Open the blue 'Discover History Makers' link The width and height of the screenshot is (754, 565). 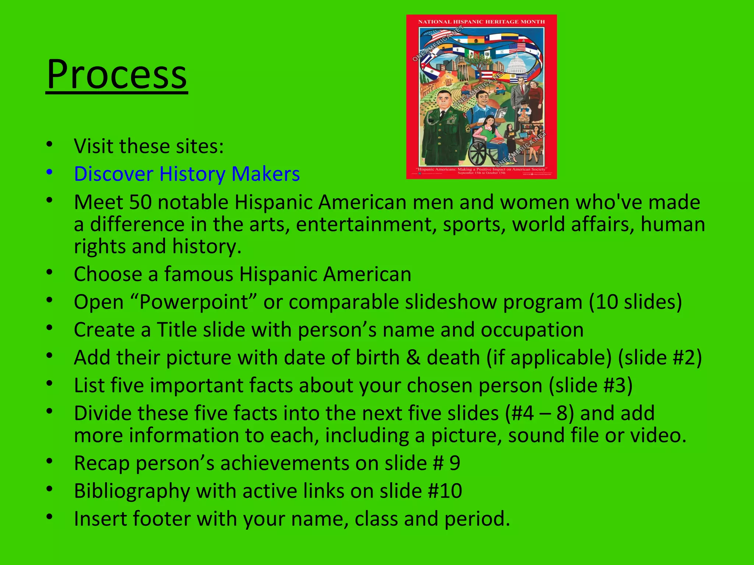tap(187, 174)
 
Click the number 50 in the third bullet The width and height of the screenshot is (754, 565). tap(140, 202)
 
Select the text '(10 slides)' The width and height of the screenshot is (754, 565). tap(635, 302)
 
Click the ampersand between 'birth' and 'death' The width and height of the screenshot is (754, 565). tap(413, 358)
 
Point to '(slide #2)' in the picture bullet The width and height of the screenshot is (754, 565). tap(660, 358)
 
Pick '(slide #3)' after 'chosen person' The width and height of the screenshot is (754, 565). tap(591, 385)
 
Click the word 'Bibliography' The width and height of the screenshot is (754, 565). tap(131, 491)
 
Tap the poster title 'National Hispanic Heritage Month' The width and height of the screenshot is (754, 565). tap(481, 22)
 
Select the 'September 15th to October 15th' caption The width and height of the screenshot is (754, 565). tap(481, 173)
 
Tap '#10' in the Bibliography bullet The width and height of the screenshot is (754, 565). tap(445, 491)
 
